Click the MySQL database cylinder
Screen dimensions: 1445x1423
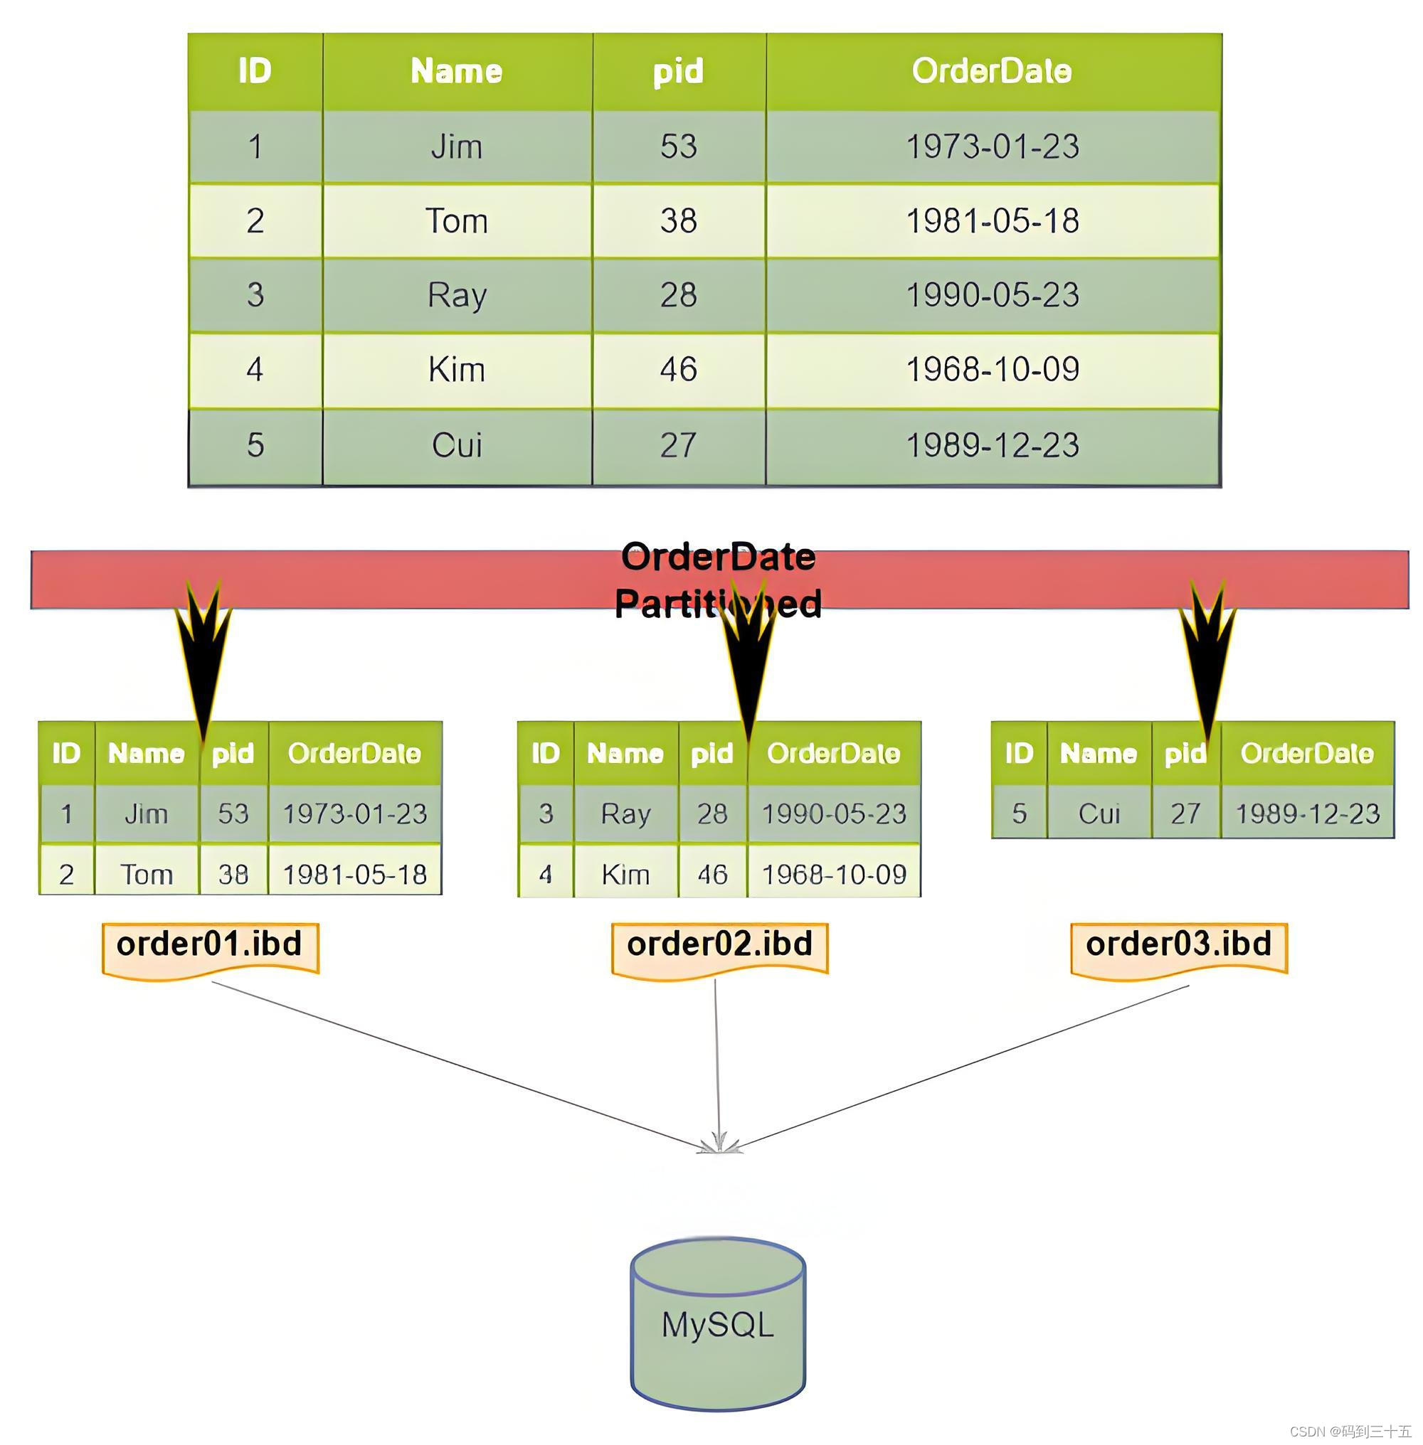coord(717,1324)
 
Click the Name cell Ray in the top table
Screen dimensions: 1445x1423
coord(457,295)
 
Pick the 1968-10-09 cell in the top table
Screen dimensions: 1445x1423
coord(993,369)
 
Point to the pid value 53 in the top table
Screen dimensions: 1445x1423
coord(678,146)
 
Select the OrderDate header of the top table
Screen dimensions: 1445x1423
coord(992,71)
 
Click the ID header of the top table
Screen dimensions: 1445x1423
coord(255,71)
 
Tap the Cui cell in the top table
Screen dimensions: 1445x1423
coord(457,445)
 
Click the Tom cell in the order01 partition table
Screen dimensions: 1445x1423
coord(147,874)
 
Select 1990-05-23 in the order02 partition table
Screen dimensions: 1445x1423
coord(833,814)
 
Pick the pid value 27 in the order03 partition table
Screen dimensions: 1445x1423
coord(1185,814)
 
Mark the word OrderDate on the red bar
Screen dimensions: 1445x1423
coord(717,558)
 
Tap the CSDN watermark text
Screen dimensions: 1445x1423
coord(1350,1431)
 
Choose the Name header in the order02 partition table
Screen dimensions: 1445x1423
coord(625,753)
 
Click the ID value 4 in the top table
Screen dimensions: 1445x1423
coord(255,369)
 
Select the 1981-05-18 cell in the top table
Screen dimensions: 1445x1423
coord(993,221)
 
